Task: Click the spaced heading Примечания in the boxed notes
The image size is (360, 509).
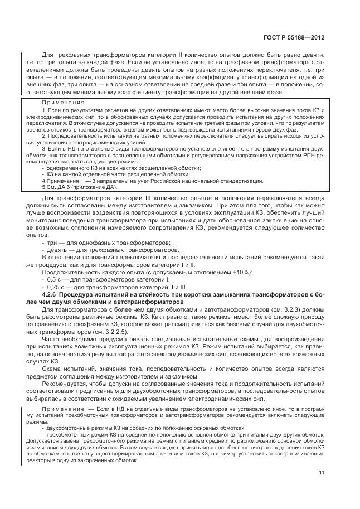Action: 63,103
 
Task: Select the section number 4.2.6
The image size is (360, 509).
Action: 51,295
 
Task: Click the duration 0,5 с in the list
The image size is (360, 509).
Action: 54,279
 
